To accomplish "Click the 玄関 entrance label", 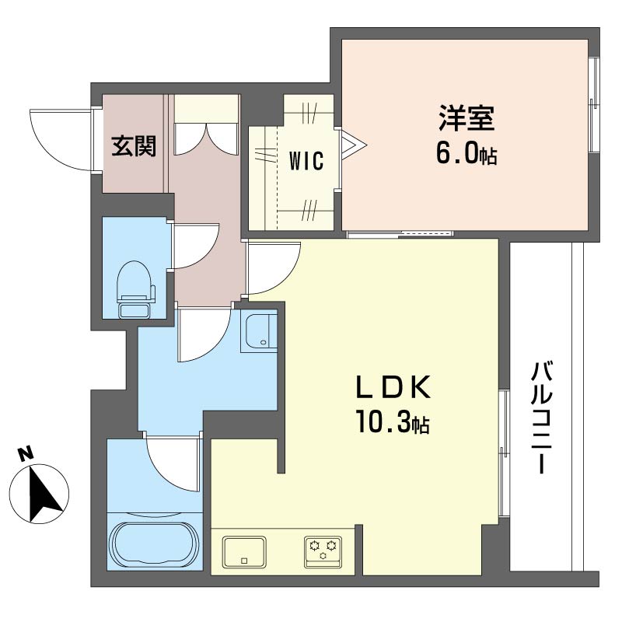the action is pyautogui.click(x=134, y=146).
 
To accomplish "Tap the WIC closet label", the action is pyautogui.click(x=306, y=161).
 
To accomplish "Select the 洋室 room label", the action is pyautogui.click(x=466, y=118).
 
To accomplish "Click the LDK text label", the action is pyautogui.click(x=393, y=386).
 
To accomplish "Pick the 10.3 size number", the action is pyautogui.click(x=383, y=421).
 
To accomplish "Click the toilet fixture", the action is pyautogui.click(x=134, y=288).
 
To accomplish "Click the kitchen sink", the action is pyautogui.click(x=244, y=552).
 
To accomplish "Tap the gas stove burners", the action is pyautogui.click(x=323, y=552).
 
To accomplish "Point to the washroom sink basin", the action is pyautogui.click(x=259, y=333).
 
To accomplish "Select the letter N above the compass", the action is pyautogui.click(x=26, y=454).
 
